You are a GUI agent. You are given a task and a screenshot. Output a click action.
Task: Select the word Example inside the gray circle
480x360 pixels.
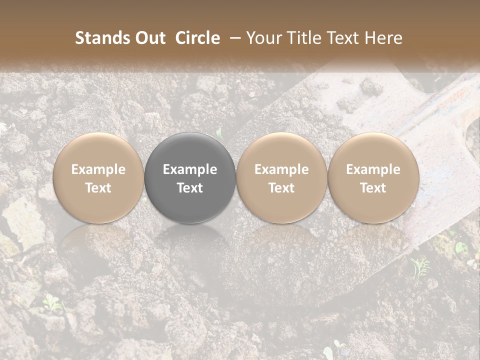click(190, 169)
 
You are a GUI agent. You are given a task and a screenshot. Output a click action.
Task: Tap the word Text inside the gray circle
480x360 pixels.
click(190, 188)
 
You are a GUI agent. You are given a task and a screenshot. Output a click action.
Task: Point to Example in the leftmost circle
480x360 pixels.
click(98, 169)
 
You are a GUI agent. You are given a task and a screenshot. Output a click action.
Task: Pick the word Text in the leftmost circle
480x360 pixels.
click(98, 188)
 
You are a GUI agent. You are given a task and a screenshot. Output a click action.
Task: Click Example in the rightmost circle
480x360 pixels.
click(373, 169)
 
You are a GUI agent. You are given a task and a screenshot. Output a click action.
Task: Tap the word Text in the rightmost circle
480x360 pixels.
click(373, 188)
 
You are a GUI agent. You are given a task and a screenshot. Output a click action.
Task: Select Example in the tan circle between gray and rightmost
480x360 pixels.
click(281, 169)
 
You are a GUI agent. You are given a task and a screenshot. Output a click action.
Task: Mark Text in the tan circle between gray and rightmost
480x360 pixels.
click(281, 188)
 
